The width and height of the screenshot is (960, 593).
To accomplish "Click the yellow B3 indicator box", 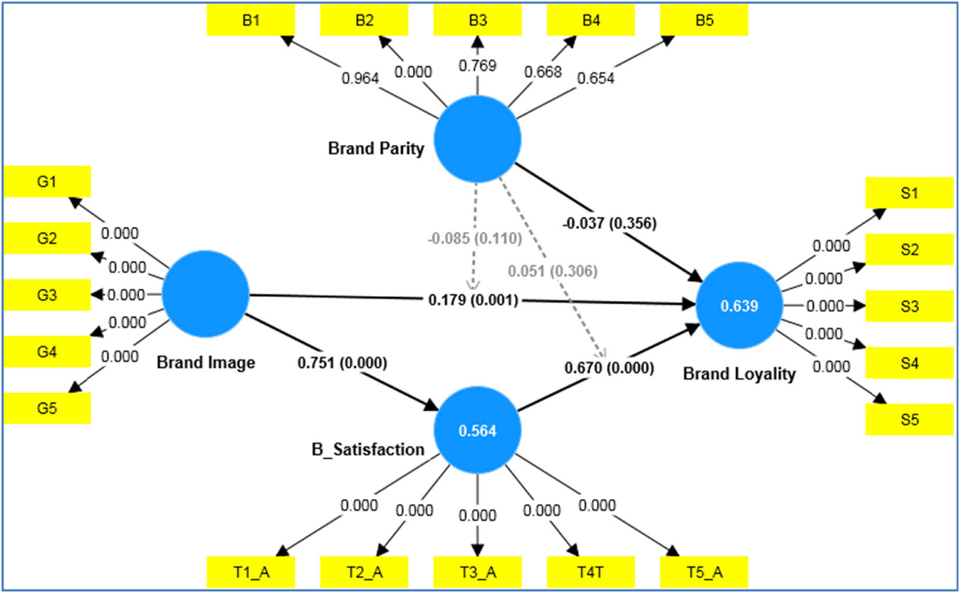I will click(x=477, y=20).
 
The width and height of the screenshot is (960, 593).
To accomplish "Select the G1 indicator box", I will click(x=47, y=182).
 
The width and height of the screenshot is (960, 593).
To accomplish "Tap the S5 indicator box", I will click(x=909, y=420).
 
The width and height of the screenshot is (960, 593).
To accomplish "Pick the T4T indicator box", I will click(x=591, y=572).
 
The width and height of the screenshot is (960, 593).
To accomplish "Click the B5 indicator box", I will click(x=704, y=20).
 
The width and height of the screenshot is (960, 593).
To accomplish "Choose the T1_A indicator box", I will click(x=251, y=572).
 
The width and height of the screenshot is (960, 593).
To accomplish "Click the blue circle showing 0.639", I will click(x=739, y=306).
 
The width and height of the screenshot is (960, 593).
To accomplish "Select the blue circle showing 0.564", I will click(x=477, y=431).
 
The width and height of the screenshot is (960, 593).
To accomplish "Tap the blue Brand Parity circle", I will click(x=477, y=139).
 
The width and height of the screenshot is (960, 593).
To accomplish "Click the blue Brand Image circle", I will click(x=205, y=294).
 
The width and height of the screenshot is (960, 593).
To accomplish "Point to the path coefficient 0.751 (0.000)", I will click(x=342, y=363).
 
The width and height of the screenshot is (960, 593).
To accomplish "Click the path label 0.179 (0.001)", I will click(x=473, y=300).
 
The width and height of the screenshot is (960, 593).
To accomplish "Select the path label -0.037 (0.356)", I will click(x=609, y=223).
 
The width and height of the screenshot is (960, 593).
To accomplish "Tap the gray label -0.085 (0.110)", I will click(x=475, y=239).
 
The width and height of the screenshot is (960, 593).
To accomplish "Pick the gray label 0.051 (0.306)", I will click(x=552, y=271).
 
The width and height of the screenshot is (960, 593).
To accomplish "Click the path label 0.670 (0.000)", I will click(x=609, y=368).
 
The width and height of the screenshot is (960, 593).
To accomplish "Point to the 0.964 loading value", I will click(x=360, y=78).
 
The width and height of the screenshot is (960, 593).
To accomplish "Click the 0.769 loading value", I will click(x=477, y=66).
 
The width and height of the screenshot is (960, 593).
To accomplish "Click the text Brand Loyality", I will click(x=739, y=374).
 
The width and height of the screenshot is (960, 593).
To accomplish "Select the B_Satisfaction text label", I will click(x=368, y=449).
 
